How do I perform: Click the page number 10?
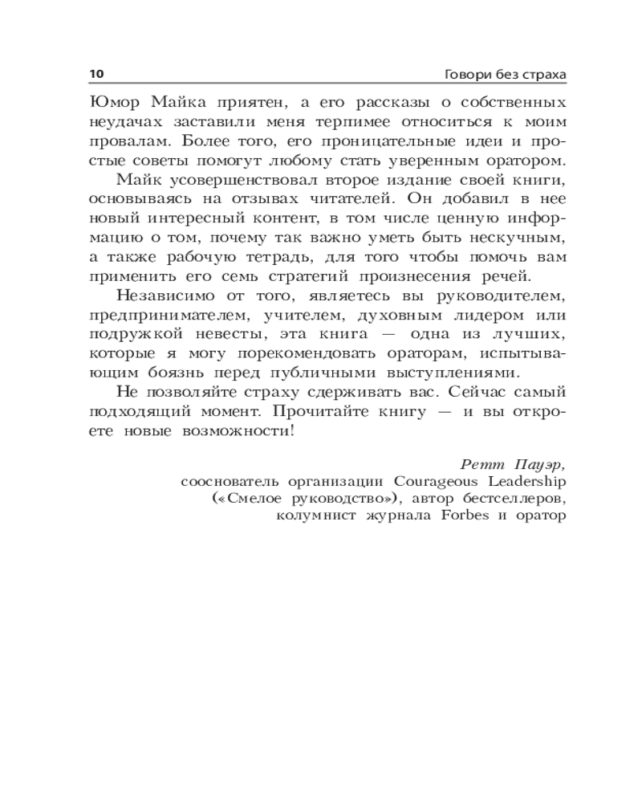[x=96, y=74]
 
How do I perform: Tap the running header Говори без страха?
[x=505, y=74]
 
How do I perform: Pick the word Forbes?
[x=465, y=516]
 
